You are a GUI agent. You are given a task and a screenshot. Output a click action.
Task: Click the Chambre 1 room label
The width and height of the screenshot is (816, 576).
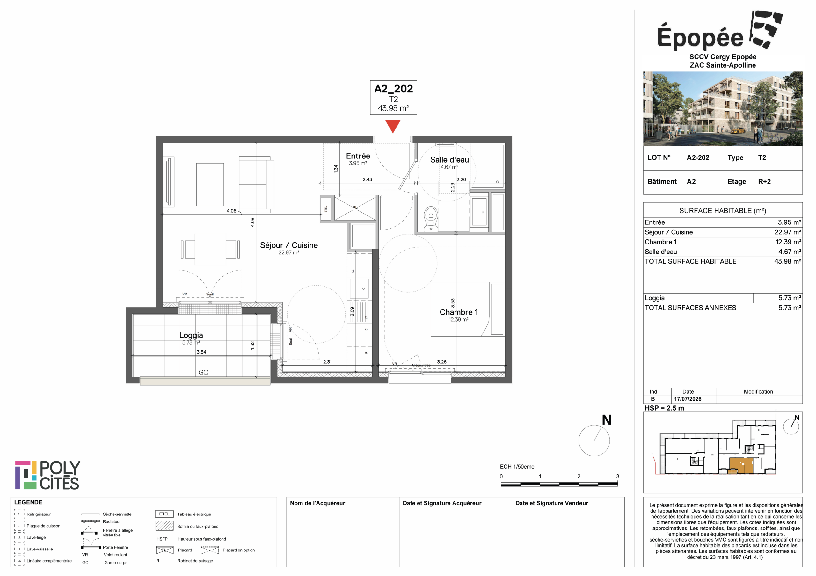point(458,312)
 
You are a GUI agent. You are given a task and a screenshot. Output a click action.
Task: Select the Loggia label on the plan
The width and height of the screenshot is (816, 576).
point(191,335)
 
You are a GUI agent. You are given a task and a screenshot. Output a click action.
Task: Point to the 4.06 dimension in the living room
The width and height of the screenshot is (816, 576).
point(231,211)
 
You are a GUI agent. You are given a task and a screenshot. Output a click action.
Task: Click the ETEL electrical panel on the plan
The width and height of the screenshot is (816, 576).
point(326,209)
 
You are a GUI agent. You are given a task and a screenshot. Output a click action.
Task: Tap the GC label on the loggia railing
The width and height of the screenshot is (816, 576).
point(203,372)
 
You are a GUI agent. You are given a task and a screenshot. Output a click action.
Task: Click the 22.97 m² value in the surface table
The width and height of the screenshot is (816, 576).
point(788,232)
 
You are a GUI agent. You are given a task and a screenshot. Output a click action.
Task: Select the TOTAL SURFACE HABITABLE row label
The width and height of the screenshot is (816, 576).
point(690,261)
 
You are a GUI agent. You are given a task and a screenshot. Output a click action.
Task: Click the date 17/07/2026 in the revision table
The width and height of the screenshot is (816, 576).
point(688,399)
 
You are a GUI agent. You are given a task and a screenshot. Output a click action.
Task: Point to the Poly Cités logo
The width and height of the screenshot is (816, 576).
point(47,476)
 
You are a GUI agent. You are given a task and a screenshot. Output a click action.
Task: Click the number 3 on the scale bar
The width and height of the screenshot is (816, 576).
point(618,477)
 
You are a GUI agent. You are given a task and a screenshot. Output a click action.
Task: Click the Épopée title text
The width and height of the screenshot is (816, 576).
point(700,37)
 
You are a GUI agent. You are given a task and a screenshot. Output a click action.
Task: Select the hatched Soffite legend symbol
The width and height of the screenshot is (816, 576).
point(164,526)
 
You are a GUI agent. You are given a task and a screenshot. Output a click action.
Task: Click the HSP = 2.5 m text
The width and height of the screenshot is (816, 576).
point(664,408)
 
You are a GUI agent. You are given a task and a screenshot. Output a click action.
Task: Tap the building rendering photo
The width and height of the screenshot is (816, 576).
point(723,109)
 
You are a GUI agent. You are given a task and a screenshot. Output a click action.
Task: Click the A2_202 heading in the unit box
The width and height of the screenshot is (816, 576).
point(393,89)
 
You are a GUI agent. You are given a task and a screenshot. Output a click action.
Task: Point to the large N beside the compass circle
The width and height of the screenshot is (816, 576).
point(607,420)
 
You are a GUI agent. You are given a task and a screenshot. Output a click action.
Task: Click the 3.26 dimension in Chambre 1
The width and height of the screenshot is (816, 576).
point(442,362)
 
